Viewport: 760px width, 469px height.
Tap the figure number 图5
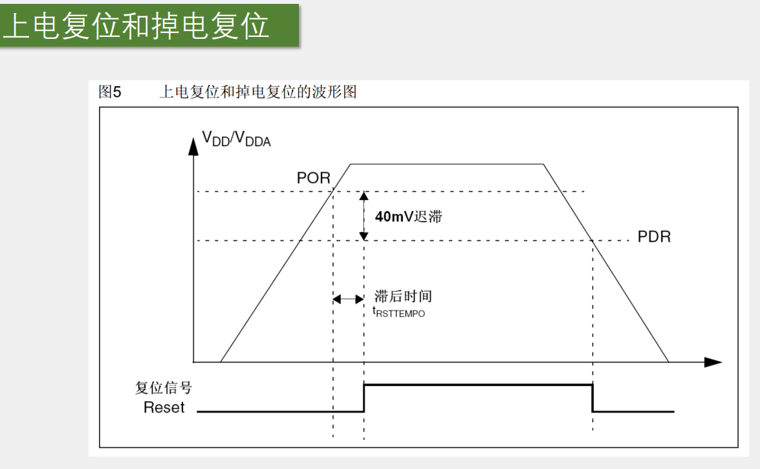tap(105, 93)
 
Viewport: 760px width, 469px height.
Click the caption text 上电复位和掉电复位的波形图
tap(257, 93)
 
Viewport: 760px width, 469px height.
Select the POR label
tap(314, 178)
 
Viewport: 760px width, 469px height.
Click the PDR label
tap(654, 237)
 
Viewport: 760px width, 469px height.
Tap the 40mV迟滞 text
tap(408, 217)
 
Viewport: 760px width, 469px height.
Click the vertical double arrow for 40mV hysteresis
tap(364, 216)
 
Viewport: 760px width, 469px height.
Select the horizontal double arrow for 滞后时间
tap(348, 299)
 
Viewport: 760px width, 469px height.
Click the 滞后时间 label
tap(403, 297)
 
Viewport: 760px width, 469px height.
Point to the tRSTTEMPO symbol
tap(399, 312)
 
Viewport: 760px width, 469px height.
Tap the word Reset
tap(164, 407)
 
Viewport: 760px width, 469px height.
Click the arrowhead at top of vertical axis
tap(192, 146)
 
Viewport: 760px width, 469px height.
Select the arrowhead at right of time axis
tap(713, 361)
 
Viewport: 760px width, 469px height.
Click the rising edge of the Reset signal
tap(364, 398)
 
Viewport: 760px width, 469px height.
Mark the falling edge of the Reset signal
tap(592, 398)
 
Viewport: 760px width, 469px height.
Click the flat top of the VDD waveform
tap(446, 164)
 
